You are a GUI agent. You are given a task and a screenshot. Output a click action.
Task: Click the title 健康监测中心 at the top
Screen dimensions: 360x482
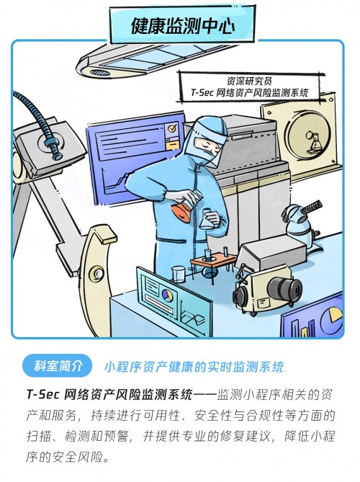(x=183, y=24)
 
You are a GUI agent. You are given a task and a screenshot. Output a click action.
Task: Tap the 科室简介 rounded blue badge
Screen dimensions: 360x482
(x=58, y=366)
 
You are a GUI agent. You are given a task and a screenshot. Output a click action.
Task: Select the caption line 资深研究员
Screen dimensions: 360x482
(x=249, y=81)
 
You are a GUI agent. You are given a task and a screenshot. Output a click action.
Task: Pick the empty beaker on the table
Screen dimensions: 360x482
(x=178, y=275)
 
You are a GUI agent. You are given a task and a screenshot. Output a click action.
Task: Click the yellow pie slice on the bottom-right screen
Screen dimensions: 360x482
(x=336, y=314)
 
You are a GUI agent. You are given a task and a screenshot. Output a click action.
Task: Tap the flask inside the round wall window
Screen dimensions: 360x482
(x=314, y=141)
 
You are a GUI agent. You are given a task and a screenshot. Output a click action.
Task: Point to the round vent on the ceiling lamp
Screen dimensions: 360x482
(x=100, y=73)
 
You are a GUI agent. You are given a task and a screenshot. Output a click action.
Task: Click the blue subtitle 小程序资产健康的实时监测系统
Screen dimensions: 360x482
(x=194, y=367)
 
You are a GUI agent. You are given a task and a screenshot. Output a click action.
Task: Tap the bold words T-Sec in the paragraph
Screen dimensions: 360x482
(x=42, y=394)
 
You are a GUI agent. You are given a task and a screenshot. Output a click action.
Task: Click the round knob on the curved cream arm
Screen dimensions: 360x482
(x=98, y=273)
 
